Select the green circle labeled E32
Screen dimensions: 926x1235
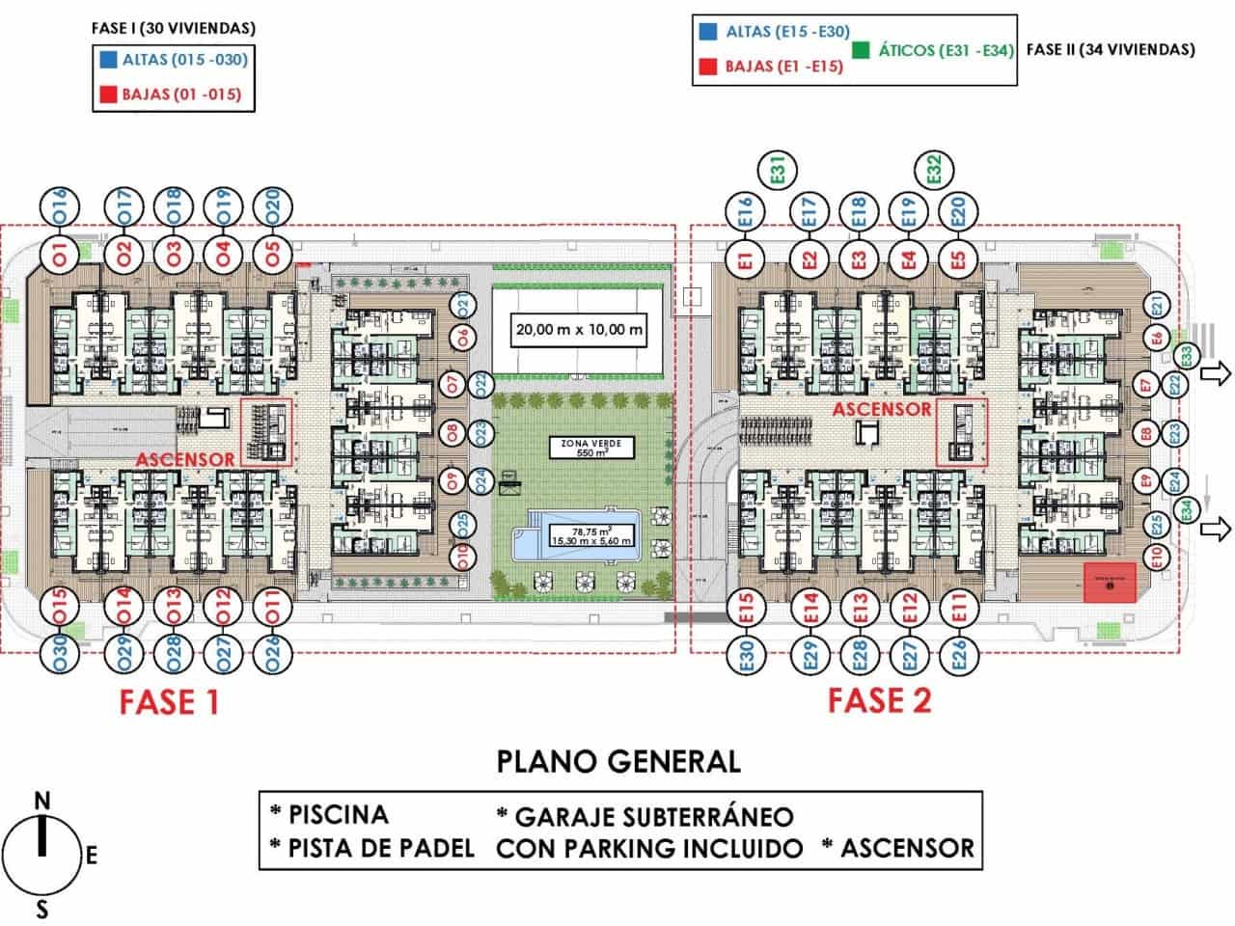933,172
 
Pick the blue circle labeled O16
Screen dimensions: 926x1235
59,207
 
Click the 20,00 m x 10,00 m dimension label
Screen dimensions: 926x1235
579,330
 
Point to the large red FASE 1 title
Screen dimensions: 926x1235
169,701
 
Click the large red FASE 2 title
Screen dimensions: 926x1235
879,699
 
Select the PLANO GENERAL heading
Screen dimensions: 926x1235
618,761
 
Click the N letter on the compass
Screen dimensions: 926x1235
41,801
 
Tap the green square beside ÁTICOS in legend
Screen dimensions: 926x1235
861,50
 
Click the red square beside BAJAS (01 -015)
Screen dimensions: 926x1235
107,95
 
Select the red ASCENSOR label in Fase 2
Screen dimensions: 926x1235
882,409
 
